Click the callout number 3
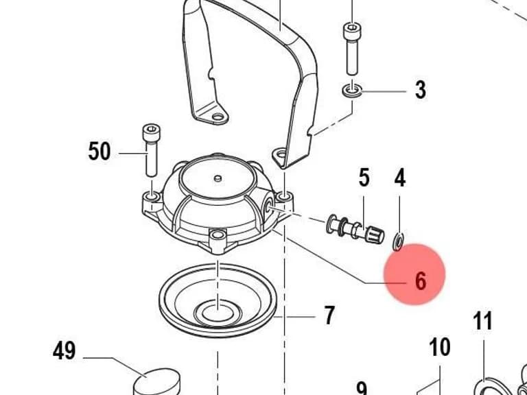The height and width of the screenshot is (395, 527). click(x=420, y=90)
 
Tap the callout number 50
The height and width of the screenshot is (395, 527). click(x=99, y=151)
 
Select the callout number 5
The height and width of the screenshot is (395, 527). click(x=364, y=178)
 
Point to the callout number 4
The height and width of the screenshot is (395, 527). click(x=399, y=178)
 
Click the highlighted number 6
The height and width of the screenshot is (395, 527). click(x=421, y=280)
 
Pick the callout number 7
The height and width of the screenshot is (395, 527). click(x=329, y=315)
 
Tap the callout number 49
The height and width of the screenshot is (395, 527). click(x=64, y=350)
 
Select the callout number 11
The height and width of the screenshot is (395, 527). click(x=482, y=320)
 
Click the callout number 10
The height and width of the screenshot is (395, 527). click(x=440, y=347)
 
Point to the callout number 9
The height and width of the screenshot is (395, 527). click(x=362, y=389)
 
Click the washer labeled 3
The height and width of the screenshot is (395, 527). click(x=352, y=91)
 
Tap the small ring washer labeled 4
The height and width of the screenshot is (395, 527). click(x=398, y=241)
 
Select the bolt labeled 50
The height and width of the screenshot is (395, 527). click(x=152, y=150)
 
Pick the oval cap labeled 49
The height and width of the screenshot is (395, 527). click(x=156, y=382)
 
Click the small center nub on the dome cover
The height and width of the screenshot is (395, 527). click(x=218, y=178)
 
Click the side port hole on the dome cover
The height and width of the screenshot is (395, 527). click(x=269, y=206)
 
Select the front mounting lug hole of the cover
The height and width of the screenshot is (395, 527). click(x=218, y=234)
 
